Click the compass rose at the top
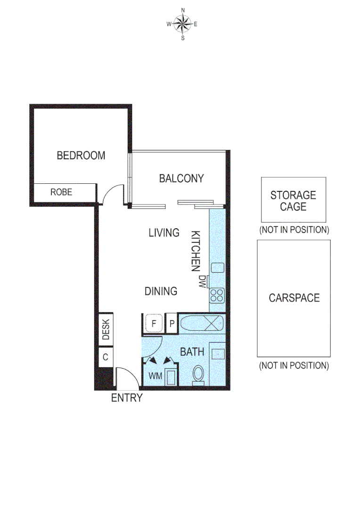(183, 24)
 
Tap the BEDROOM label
(81, 156)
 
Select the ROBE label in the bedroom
(61, 192)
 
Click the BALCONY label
(181, 179)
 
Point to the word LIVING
(164, 232)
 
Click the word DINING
(161, 291)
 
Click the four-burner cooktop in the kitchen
(217, 296)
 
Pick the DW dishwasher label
(202, 282)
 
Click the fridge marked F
(154, 324)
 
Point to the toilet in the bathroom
(198, 376)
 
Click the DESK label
(106, 329)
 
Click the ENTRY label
(126, 398)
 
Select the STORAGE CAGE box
(293, 200)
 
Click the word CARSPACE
(294, 298)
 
